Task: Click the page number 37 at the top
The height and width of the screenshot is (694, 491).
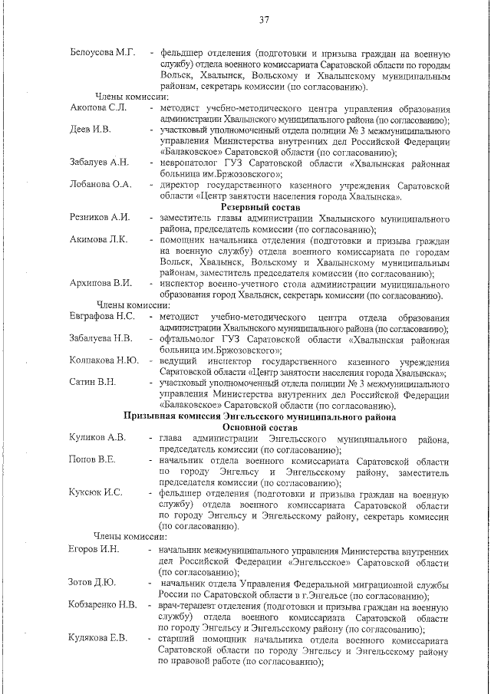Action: point(263,20)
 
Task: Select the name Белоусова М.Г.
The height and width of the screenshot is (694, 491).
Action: point(102,53)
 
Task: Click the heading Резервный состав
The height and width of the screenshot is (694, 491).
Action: point(260,207)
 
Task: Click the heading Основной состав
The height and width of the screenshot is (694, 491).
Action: point(260,427)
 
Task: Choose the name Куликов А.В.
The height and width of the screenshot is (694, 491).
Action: point(97,439)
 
